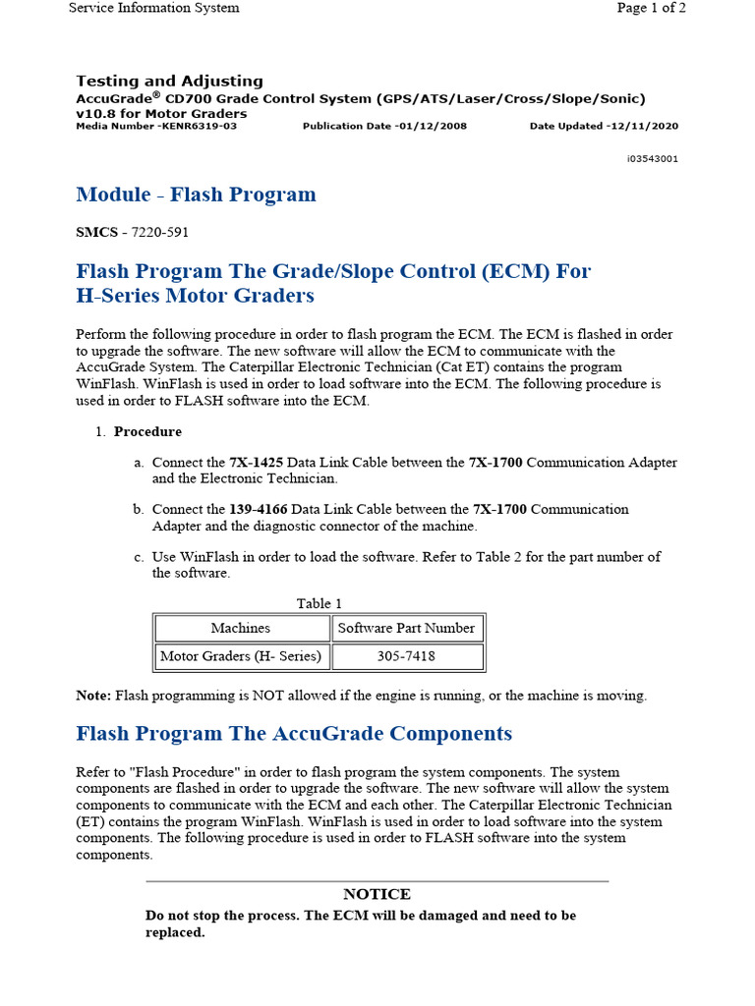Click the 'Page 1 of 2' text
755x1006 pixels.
651,8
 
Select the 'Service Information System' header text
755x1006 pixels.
153,8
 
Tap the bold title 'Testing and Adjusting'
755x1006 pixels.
169,82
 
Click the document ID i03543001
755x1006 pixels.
651,158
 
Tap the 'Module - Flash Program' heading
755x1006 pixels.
196,195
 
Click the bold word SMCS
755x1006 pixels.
95,233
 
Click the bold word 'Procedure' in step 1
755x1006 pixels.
147,431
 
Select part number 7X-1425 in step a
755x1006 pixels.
254,463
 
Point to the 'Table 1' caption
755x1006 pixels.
319,603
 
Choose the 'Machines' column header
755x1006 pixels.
241,628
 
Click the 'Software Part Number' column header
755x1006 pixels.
406,628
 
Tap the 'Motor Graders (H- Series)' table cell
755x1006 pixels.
241,656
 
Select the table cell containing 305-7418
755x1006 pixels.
406,656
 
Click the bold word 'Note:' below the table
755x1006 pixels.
94,696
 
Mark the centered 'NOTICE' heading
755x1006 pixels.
377,895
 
